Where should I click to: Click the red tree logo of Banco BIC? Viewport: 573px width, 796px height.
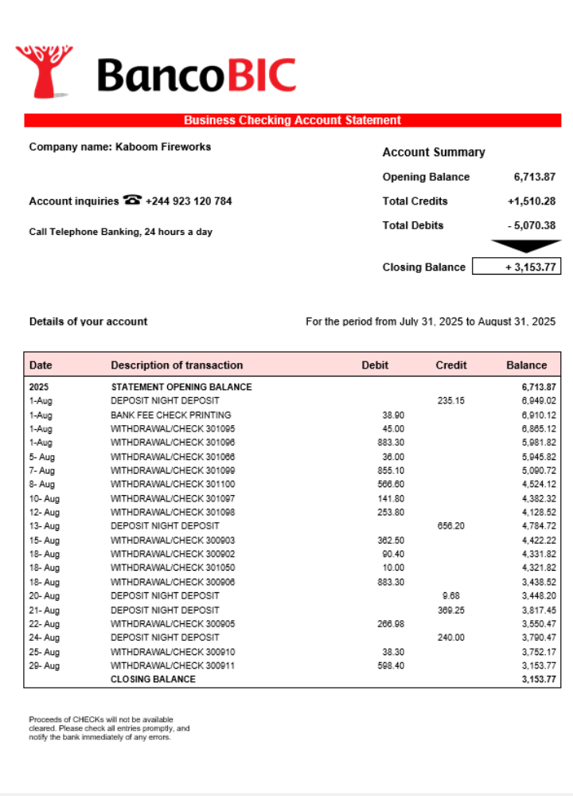click(45, 72)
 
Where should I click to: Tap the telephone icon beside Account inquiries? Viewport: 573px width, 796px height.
click(132, 201)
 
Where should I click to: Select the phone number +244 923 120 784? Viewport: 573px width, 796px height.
click(189, 201)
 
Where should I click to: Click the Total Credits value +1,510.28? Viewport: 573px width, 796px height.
click(531, 201)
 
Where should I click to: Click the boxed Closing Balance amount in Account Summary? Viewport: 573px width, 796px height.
click(516, 267)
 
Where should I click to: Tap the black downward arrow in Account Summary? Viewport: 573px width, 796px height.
click(525, 246)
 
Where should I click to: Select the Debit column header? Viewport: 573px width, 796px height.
click(375, 365)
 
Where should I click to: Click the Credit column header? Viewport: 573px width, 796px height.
click(451, 365)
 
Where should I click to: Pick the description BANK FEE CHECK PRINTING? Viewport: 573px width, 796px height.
click(171, 415)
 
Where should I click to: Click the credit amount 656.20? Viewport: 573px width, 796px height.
click(450, 526)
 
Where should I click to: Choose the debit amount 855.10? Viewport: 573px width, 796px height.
click(388, 470)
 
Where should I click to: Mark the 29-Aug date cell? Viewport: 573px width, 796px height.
click(44, 665)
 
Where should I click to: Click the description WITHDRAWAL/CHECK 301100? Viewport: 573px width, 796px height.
click(173, 484)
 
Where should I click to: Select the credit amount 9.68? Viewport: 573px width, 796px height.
click(450, 595)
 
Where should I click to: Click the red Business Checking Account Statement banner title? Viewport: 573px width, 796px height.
click(292, 120)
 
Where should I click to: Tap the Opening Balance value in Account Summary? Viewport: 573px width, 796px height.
click(534, 177)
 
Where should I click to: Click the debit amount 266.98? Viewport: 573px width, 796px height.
click(388, 623)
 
